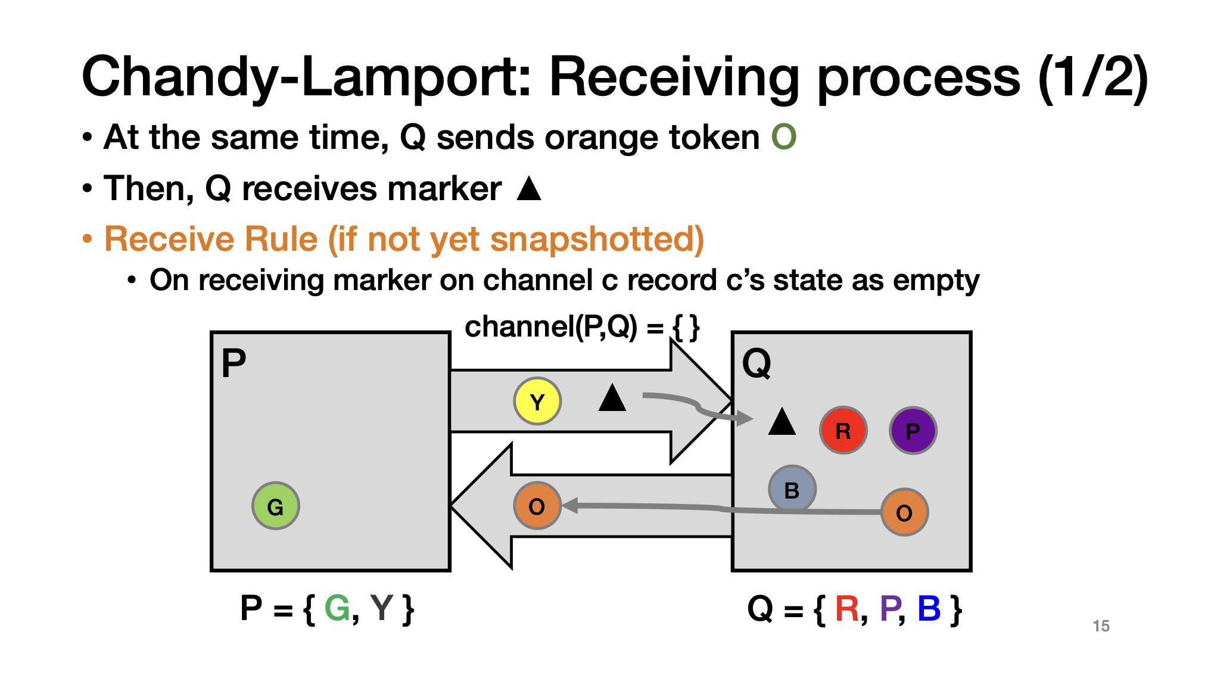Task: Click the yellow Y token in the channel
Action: (x=537, y=401)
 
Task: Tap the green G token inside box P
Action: (x=275, y=506)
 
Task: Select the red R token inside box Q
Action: (x=843, y=430)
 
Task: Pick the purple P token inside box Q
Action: (x=913, y=430)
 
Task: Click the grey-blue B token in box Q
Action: (x=792, y=489)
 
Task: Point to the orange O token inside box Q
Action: (x=904, y=512)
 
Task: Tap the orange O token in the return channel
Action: (x=537, y=506)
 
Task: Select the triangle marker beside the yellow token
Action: (x=612, y=398)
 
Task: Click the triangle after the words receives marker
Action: (x=529, y=189)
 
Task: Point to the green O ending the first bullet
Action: (x=783, y=138)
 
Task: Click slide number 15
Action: (x=1101, y=626)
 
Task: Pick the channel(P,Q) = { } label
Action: (x=581, y=327)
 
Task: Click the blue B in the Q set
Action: (x=929, y=609)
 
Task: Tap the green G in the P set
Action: (x=337, y=609)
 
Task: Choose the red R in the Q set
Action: (x=846, y=609)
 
